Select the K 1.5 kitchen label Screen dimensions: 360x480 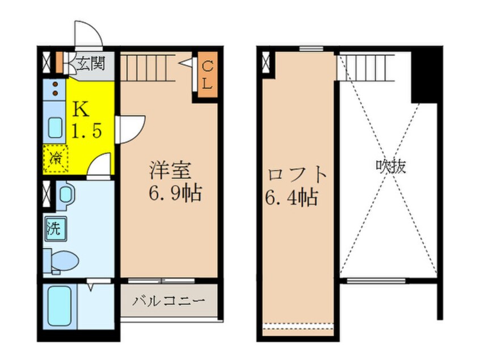coord(86,121)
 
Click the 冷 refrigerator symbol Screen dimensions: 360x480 coord(56,157)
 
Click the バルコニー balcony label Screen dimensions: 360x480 coord(168,300)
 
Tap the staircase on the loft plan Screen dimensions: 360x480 coord(364,68)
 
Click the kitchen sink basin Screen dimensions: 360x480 coord(55,127)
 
